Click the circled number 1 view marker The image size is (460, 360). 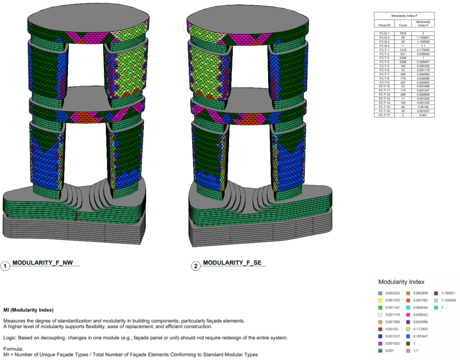[5, 266]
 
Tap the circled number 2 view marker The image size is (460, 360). [196, 266]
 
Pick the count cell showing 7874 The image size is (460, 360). [403, 33]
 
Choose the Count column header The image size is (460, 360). [403, 25]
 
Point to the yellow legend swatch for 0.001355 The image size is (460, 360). [380, 300]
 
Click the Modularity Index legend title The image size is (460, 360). [401, 282]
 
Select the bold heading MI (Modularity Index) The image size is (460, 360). [28, 310]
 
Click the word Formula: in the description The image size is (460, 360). [14, 349]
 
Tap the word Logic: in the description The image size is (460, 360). [11, 338]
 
